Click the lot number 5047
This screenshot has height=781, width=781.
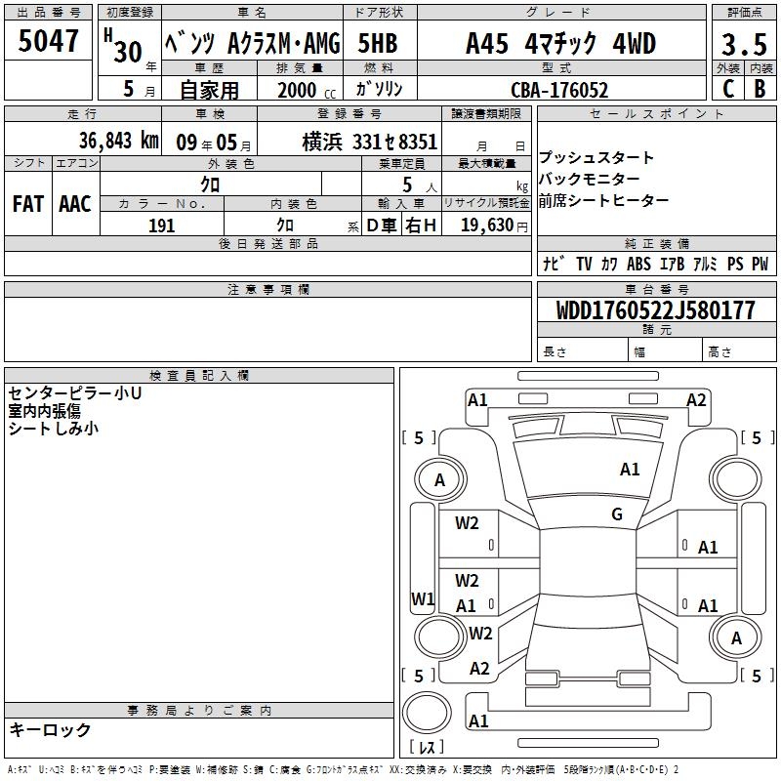tap(48, 41)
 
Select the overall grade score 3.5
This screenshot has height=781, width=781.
tap(744, 44)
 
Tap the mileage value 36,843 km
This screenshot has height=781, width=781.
tap(118, 141)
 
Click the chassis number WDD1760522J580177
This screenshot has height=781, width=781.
tap(655, 310)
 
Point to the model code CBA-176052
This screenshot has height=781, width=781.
tap(559, 90)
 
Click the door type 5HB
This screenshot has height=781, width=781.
tap(378, 43)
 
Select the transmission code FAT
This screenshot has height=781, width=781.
tap(28, 204)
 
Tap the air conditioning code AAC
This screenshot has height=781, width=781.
tap(75, 204)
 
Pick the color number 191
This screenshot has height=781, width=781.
tap(161, 226)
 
